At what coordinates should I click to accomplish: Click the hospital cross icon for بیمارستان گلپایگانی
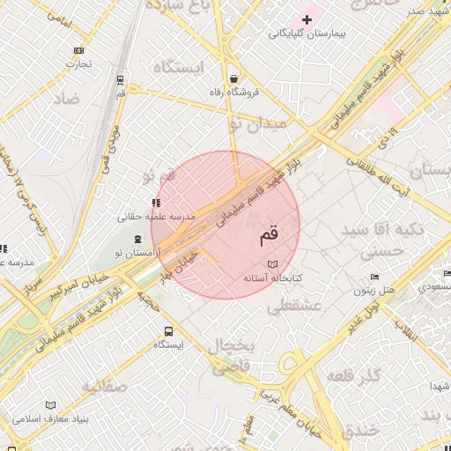(307, 18)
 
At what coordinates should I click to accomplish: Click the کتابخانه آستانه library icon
(271, 264)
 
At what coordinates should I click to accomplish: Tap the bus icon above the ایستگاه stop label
(167, 331)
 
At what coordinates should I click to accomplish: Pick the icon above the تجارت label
(79, 50)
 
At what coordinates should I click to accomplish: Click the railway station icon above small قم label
(120, 79)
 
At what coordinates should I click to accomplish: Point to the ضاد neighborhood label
(66, 98)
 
